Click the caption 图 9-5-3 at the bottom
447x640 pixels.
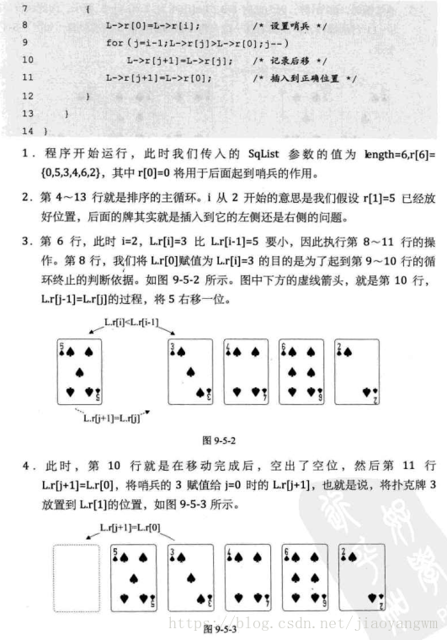[x=221, y=628]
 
